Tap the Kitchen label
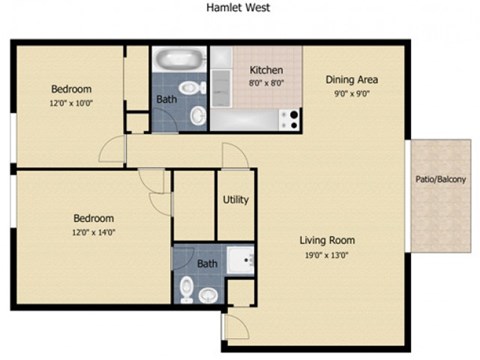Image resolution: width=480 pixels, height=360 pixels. coord(267,71)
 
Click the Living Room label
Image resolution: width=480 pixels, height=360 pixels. coord(327,240)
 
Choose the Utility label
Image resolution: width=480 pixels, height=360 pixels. coord(236,200)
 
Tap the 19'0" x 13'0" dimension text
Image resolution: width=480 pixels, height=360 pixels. coord(327,255)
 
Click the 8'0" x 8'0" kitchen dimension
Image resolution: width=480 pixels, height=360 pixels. coord(267,84)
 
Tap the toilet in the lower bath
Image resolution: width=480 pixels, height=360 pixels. coord(187,289)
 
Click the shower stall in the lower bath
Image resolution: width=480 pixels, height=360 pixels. coord(239,263)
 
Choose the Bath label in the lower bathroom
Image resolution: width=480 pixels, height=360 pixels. coord(207,264)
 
